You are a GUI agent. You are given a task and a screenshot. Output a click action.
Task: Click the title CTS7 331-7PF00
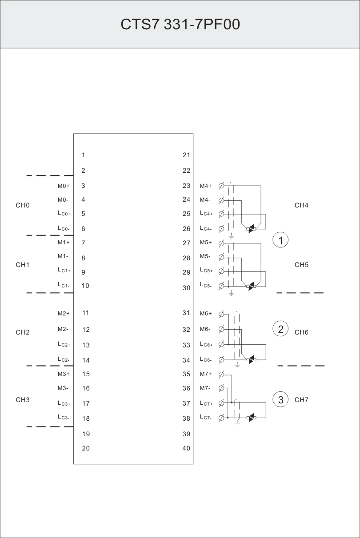pos(180,24)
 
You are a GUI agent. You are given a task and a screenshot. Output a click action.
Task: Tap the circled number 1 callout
pos(280,240)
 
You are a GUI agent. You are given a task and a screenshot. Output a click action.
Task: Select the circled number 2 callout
pos(280,329)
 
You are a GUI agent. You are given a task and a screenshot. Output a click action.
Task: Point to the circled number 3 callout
pos(280,399)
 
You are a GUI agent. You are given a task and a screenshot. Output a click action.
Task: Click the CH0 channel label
pos(23,205)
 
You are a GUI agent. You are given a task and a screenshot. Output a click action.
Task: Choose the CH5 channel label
pos(301,265)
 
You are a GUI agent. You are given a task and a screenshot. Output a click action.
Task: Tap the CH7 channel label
pos(301,400)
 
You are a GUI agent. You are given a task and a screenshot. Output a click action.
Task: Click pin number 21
pos(186,155)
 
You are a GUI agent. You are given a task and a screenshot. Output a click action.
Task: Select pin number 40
pos(186,448)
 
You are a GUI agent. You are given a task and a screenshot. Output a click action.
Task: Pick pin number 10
pos(85,286)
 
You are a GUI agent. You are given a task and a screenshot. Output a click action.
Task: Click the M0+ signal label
pos(64,186)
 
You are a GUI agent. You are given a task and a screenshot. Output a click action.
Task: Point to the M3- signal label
pos(63,388)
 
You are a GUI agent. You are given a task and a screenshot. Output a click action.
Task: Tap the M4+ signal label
pos(206,186)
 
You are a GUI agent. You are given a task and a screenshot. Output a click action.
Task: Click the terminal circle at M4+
pos(221,186)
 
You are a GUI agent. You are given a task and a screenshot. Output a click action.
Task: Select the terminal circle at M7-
pos(221,388)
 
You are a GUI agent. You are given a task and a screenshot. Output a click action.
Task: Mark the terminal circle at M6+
pos(221,314)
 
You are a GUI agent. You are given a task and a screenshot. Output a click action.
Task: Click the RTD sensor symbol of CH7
pos(252,418)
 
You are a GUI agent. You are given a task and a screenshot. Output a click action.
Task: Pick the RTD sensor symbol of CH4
pos(252,229)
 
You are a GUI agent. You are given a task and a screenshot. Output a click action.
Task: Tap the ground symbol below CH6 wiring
pos(237,365)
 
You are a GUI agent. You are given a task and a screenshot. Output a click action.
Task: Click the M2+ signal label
pos(64,314)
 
